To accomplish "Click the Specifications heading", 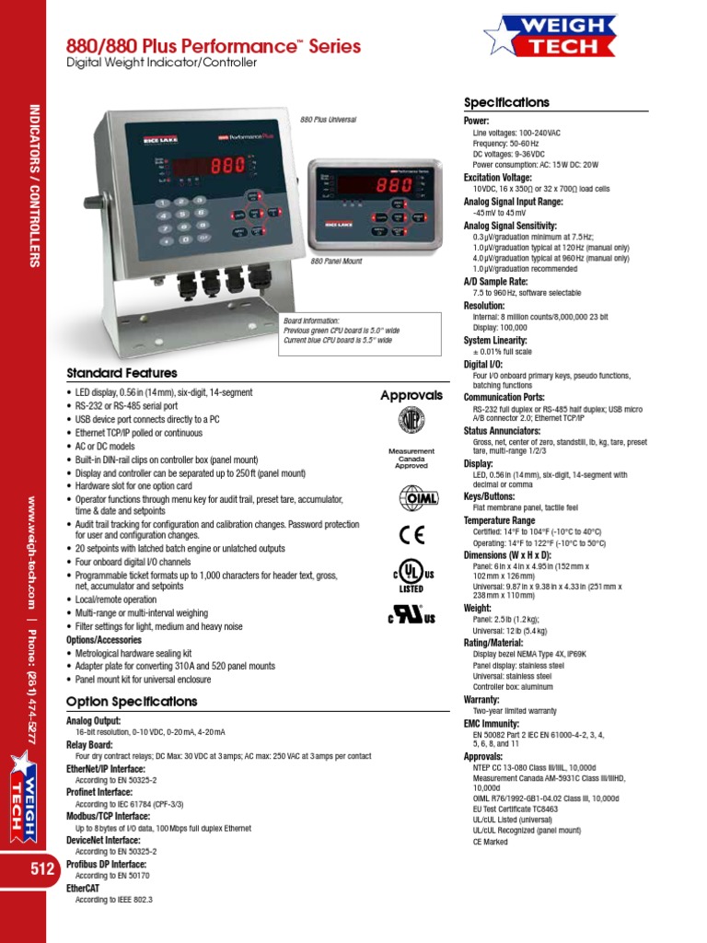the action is pos(506,103).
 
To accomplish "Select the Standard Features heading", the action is pos(122,373).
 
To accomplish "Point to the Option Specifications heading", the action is pos(132,702).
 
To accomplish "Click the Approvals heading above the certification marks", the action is pos(411,395).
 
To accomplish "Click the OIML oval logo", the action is pos(411,498).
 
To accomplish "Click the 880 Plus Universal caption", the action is pos(328,120).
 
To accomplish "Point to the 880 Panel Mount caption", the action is pos(336,262).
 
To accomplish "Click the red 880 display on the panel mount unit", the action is pos(393,184).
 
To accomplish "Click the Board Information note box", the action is pos(338,331).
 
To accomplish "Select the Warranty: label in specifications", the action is pos(481,700).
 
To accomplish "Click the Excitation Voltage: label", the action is pos(498,177).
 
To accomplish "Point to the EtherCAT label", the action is pos(87,889).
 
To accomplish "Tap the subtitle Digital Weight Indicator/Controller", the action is pos(161,63).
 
